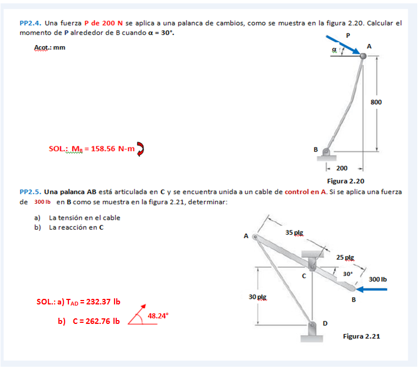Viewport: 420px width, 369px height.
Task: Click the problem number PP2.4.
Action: coord(29,23)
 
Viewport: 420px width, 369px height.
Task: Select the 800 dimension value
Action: coord(376,102)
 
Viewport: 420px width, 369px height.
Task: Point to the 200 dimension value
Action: coord(342,168)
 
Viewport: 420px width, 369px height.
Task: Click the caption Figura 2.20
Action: coord(345,181)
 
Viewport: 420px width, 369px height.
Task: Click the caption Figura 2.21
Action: coord(362,336)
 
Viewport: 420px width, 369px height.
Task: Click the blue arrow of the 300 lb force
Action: coord(370,289)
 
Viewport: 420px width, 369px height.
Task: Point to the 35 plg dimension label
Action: coord(294,232)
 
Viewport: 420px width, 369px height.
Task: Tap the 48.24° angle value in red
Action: coord(158,316)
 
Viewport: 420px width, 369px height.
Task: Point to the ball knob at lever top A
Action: coord(363,56)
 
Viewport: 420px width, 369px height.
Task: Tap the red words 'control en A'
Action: coord(305,192)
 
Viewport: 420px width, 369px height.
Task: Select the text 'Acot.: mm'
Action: coord(50,47)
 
